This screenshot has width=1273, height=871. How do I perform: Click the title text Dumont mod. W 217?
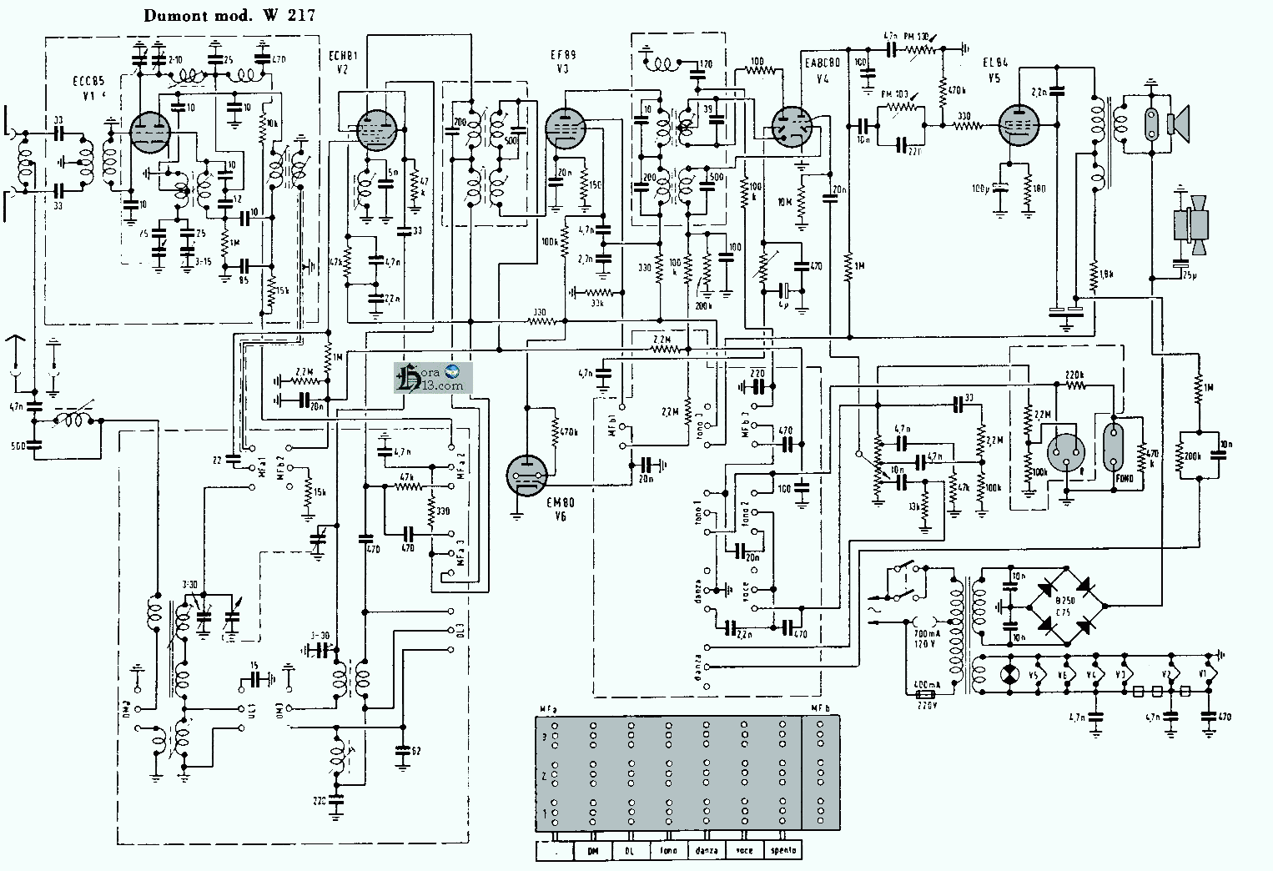pyautogui.click(x=229, y=15)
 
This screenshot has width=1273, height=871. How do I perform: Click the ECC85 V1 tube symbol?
pyautogui.click(x=151, y=132)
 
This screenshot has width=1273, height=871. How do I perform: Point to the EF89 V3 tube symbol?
pyautogui.click(x=566, y=130)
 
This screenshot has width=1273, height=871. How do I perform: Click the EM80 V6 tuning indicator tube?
pyautogui.click(x=528, y=475)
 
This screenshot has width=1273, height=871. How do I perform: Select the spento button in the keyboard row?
pyautogui.click(x=782, y=851)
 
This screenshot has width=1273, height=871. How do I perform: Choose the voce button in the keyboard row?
pyautogui.click(x=744, y=851)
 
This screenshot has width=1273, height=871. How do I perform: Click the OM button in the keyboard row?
pyautogui.click(x=593, y=851)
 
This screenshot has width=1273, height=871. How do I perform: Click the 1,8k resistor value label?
pyautogui.click(x=1107, y=273)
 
